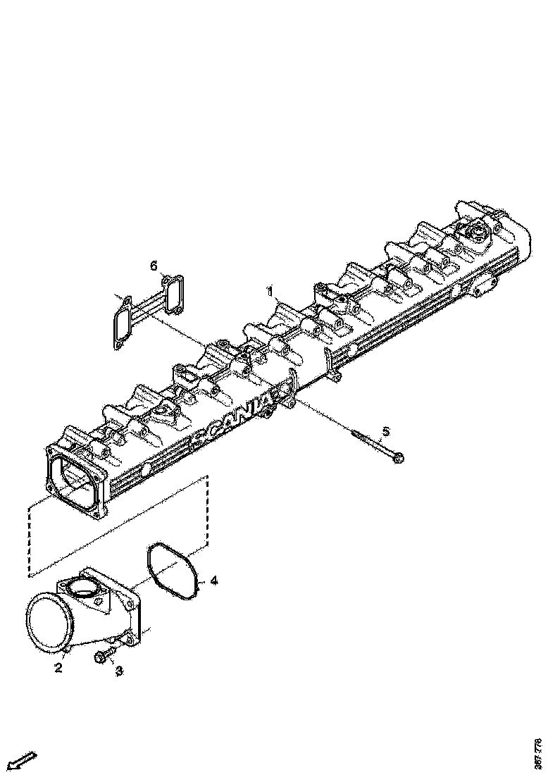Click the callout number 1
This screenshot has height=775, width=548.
pyautogui.click(x=269, y=290)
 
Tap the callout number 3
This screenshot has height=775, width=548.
pyautogui.click(x=119, y=671)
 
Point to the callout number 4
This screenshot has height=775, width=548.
pyautogui.click(x=214, y=581)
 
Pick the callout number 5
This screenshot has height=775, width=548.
pyautogui.click(x=385, y=431)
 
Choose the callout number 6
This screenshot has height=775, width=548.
pyautogui.click(x=154, y=266)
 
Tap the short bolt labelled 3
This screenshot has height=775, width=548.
pyautogui.click(x=104, y=655)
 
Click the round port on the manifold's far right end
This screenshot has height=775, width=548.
pyautogui.click(x=476, y=234)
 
